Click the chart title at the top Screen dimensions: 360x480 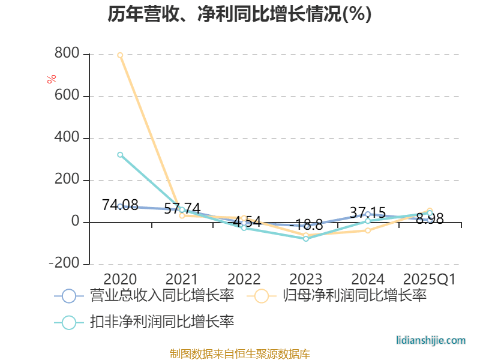[x=240, y=14]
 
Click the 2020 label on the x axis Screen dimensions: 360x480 [x=120, y=279]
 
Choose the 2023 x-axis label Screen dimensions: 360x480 [x=306, y=279]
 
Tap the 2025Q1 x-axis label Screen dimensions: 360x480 [x=430, y=279]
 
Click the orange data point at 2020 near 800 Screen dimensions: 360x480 [x=120, y=55]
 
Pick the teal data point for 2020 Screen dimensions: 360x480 [x=120, y=155]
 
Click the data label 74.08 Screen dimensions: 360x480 [x=120, y=205]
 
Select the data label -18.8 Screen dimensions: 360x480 [x=306, y=226]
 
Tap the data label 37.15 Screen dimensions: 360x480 [x=368, y=213]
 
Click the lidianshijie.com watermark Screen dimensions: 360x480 [x=431, y=340]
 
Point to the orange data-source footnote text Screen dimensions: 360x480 [x=240, y=353]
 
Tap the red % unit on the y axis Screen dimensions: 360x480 [x=52, y=79]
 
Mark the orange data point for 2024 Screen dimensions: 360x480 [x=368, y=230]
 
